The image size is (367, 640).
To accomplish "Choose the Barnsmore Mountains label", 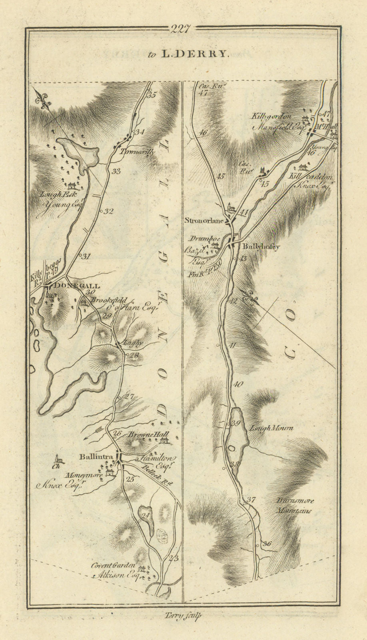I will point(295,506).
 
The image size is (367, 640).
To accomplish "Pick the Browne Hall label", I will point(143,435).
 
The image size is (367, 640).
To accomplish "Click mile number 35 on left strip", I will point(151,95).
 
